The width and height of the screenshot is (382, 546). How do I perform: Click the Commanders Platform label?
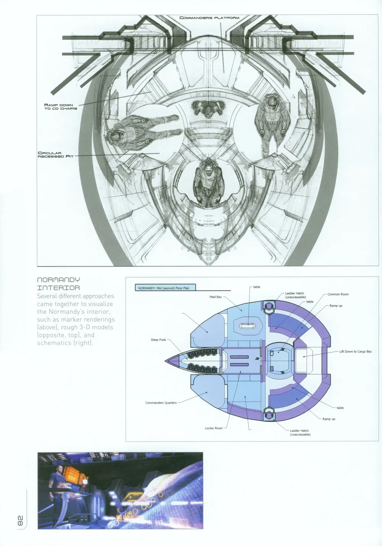209,18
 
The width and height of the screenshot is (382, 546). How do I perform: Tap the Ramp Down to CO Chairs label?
60,107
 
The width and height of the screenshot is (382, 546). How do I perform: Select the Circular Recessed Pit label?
55,155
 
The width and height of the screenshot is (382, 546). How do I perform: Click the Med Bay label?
215,297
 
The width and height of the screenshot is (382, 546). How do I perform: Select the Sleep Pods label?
158,339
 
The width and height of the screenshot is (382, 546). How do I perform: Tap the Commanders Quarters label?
161,403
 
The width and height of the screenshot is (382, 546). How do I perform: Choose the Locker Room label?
214,428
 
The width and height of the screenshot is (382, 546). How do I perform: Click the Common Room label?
338,294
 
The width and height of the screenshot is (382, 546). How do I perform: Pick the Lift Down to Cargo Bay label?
355,352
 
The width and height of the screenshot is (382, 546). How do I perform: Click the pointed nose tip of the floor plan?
167,360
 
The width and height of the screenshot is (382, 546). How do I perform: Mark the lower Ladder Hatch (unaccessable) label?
300,432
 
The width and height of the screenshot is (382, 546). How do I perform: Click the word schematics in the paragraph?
50,343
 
